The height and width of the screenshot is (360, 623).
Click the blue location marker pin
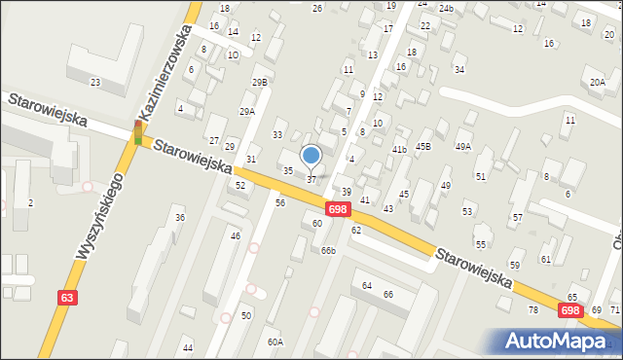(311, 156)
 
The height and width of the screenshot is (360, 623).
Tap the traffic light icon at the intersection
(138, 132)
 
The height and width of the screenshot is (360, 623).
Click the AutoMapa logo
(559, 342)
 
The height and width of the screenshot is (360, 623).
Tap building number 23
(95, 82)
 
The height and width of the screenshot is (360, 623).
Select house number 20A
(597, 83)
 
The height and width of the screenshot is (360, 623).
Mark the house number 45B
(423, 146)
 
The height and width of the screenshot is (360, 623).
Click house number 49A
(463, 146)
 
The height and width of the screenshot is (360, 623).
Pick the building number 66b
(328, 250)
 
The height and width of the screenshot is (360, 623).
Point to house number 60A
(275, 342)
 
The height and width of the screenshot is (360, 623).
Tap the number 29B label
(259, 82)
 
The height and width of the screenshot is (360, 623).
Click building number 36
(179, 217)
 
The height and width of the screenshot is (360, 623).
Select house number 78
(532, 309)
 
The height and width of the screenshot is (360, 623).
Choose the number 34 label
(459, 70)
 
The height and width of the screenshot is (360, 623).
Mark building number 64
(367, 285)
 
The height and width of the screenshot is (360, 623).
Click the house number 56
(280, 202)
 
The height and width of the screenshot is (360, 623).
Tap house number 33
(277, 134)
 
